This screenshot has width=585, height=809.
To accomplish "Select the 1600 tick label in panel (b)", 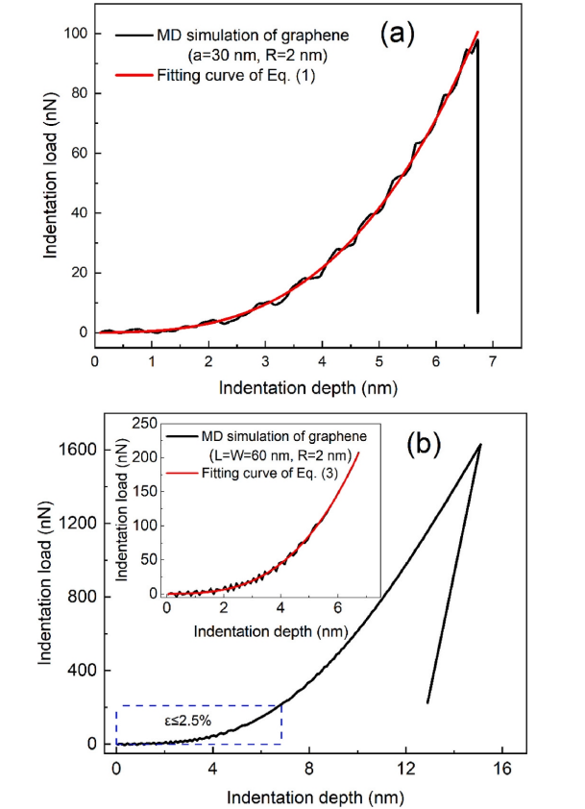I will (77, 450).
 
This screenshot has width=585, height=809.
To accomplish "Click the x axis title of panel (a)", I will (306, 388).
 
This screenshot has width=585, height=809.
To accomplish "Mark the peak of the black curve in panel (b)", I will (481, 444).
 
